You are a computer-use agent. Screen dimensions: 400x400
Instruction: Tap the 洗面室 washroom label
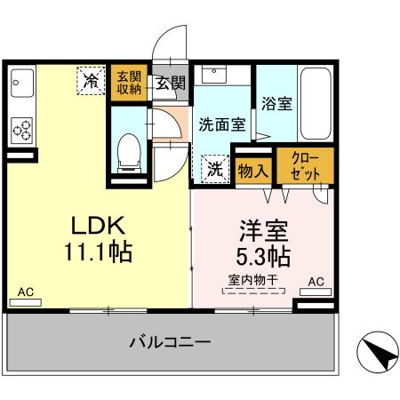pyautogui.click(x=221, y=125)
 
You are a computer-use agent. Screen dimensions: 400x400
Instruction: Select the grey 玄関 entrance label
pyautogui.click(x=171, y=84)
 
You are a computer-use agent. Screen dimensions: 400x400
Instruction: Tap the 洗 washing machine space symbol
pyautogui.click(x=214, y=167)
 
